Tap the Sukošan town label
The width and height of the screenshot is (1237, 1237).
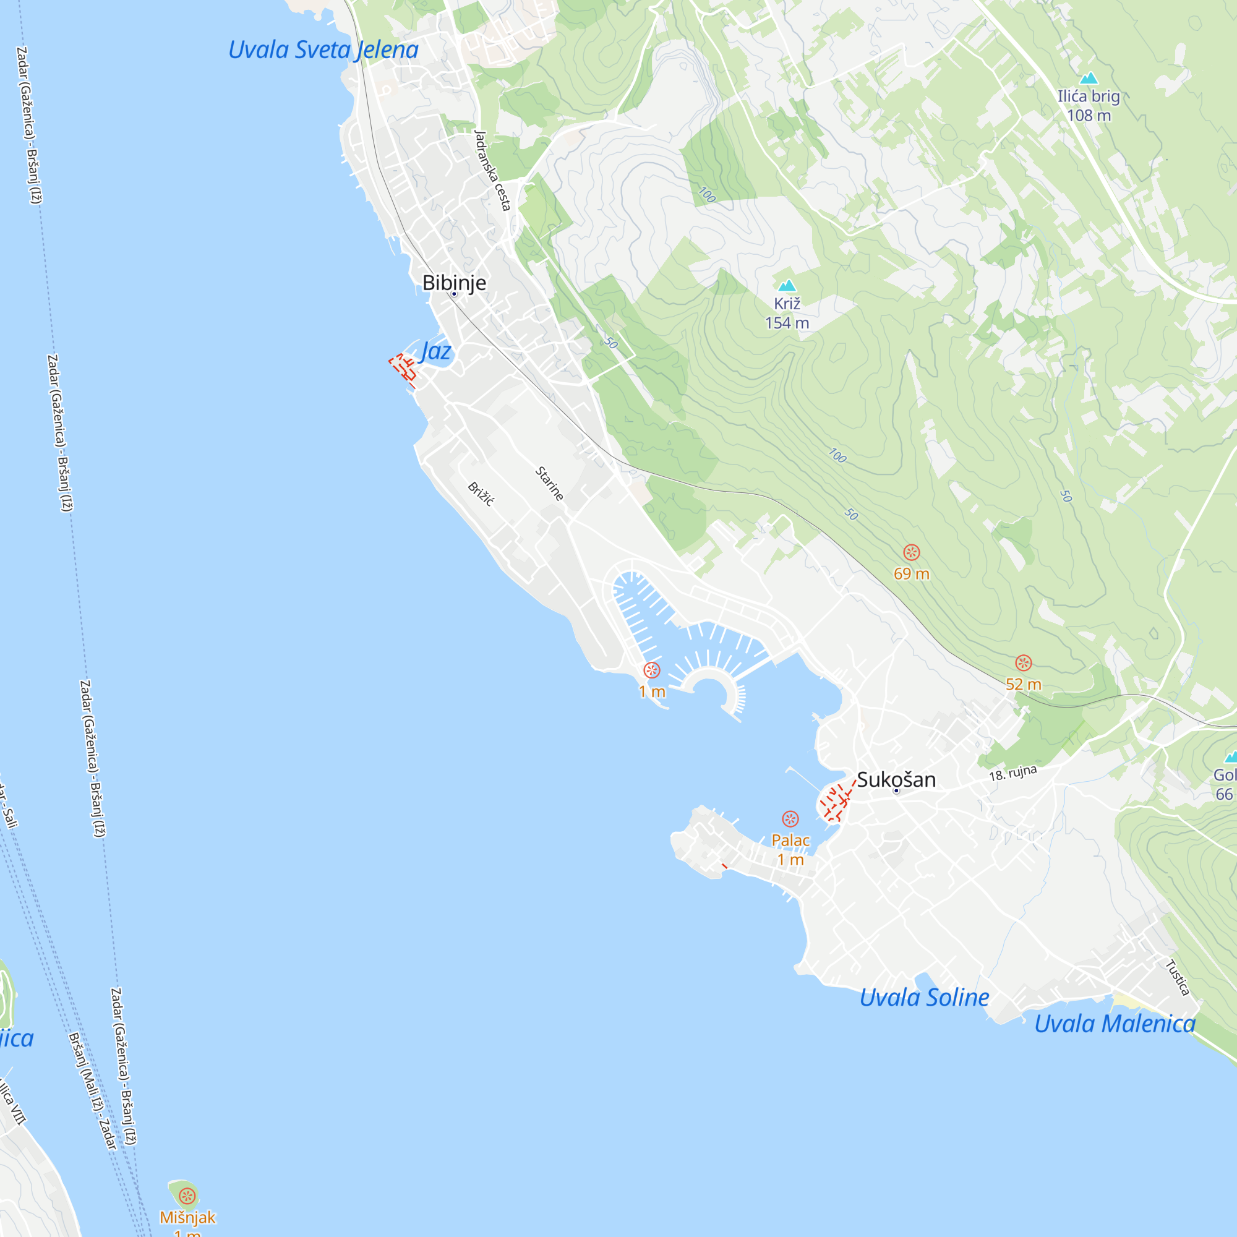tap(896, 779)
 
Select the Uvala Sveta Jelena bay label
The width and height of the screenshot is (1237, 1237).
tap(323, 50)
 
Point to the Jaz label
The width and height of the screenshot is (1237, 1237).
tap(435, 351)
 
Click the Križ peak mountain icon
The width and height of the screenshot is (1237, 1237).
tap(787, 286)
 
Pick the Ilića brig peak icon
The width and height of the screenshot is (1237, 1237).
tap(1089, 79)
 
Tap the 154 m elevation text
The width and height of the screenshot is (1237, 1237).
tap(787, 323)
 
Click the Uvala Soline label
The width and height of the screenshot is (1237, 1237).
tap(924, 998)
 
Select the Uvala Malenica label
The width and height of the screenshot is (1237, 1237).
tap(1115, 1024)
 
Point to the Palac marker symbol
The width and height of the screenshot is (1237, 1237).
tap(790, 819)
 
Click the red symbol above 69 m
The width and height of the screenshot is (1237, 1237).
tap(912, 552)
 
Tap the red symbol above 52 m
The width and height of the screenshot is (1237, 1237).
tap(1023, 662)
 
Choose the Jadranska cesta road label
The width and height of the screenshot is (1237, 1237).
tap(492, 170)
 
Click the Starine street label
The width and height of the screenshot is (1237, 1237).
tap(549, 484)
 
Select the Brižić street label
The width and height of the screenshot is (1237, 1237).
tap(481, 494)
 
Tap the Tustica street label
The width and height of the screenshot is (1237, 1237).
tap(1178, 978)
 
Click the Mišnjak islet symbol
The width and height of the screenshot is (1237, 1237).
tap(187, 1196)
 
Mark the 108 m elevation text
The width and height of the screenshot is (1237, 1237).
tap(1089, 115)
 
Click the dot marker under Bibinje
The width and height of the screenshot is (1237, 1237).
tap(454, 294)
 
